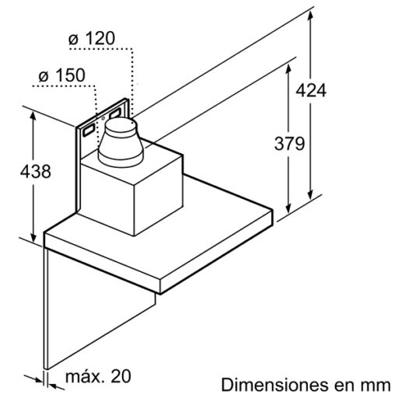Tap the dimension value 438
pos(34,172)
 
